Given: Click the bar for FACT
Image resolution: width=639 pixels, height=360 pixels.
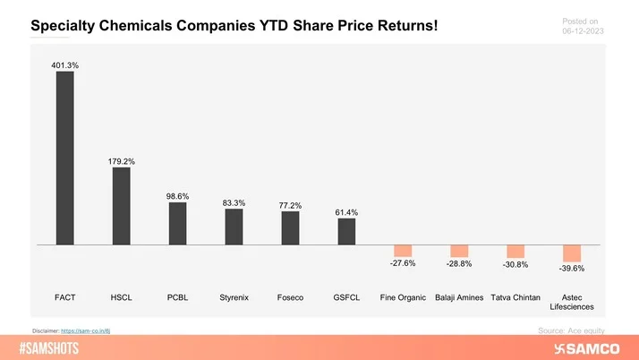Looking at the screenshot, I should click(64, 158).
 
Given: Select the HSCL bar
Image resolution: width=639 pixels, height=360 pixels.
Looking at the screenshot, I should click(121, 205).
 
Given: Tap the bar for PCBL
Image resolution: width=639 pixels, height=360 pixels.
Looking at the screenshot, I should click(177, 223).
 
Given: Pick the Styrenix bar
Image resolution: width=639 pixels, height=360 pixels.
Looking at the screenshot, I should click(234, 227).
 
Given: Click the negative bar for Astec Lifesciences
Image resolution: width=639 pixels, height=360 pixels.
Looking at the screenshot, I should click(572, 253).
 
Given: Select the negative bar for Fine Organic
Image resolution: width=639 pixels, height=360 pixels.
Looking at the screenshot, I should click(403, 251).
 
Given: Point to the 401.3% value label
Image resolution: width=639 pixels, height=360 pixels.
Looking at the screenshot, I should click(64, 64).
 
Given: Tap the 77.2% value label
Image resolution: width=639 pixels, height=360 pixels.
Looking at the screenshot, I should click(290, 205).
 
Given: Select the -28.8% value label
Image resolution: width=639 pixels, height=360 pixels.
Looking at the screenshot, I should click(459, 265).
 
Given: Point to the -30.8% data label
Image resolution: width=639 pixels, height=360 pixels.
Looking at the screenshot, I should click(515, 266).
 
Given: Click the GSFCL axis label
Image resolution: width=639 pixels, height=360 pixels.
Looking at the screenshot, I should click(346, 296).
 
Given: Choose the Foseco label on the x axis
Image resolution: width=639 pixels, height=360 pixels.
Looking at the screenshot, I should click(290, 296).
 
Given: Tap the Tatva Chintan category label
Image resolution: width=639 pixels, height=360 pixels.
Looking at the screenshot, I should click(515, 296).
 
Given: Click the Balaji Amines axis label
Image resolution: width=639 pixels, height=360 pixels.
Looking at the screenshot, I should click(459, 296).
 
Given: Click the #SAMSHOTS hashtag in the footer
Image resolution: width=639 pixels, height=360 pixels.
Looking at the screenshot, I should click(55, 347).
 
